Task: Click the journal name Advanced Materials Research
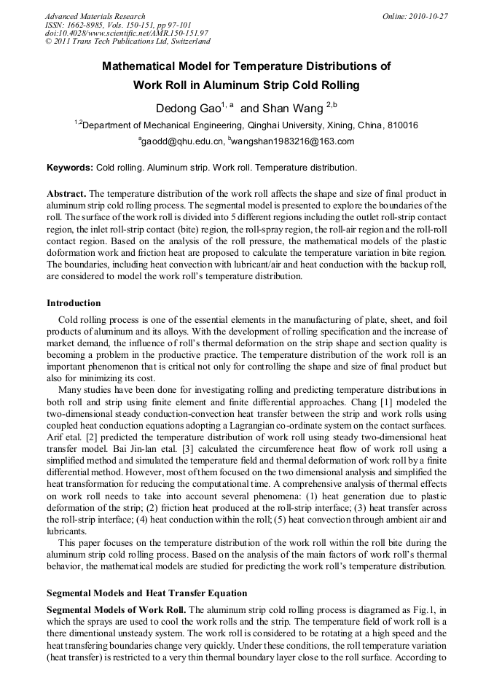95,16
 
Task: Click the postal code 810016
402,125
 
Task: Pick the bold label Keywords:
70,168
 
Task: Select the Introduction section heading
74,302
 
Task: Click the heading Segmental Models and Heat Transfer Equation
146,593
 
